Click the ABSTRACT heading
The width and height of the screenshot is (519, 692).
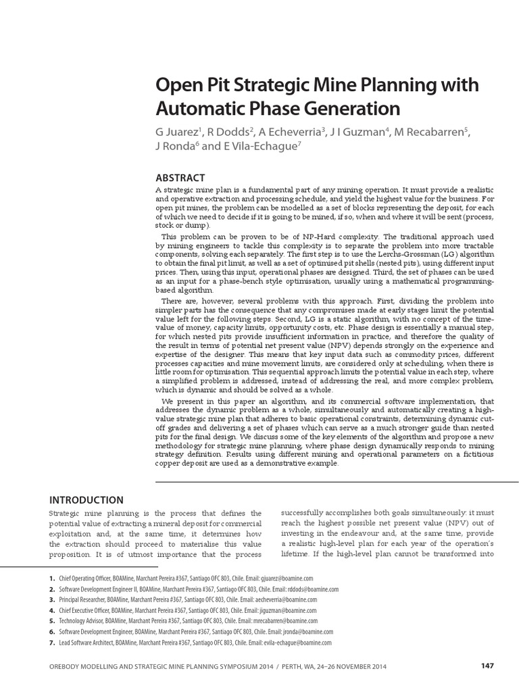(180, 178)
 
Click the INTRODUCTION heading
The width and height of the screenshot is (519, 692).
(86, 500)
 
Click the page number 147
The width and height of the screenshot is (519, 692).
(487, 666)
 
